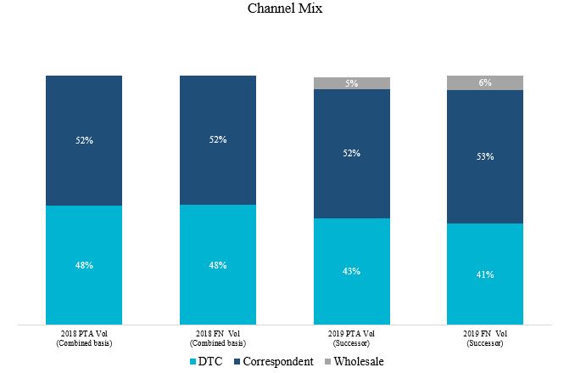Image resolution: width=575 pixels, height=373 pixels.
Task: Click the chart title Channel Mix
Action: (285, 9)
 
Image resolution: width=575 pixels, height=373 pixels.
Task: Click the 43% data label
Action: (352, 271)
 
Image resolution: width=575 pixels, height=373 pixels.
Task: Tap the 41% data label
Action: (485, 274)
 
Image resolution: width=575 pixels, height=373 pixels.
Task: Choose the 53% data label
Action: (485, 156)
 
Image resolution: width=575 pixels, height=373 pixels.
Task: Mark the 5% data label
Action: (352, 83)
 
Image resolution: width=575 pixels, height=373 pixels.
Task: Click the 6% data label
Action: (485, 82)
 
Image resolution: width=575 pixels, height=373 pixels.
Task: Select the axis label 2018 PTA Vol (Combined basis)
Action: (84, 338)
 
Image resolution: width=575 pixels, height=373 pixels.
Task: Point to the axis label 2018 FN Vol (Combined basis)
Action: (218, 338)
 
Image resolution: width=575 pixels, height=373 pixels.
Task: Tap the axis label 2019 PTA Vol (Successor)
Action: (352, 338)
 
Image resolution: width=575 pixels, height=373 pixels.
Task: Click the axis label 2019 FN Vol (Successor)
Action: (485, 338)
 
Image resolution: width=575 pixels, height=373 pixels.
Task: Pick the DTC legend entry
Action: (209, 361)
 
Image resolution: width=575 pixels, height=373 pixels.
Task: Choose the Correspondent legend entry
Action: (275, 361)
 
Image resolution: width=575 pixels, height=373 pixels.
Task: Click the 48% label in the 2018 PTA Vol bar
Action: (84, 265)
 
